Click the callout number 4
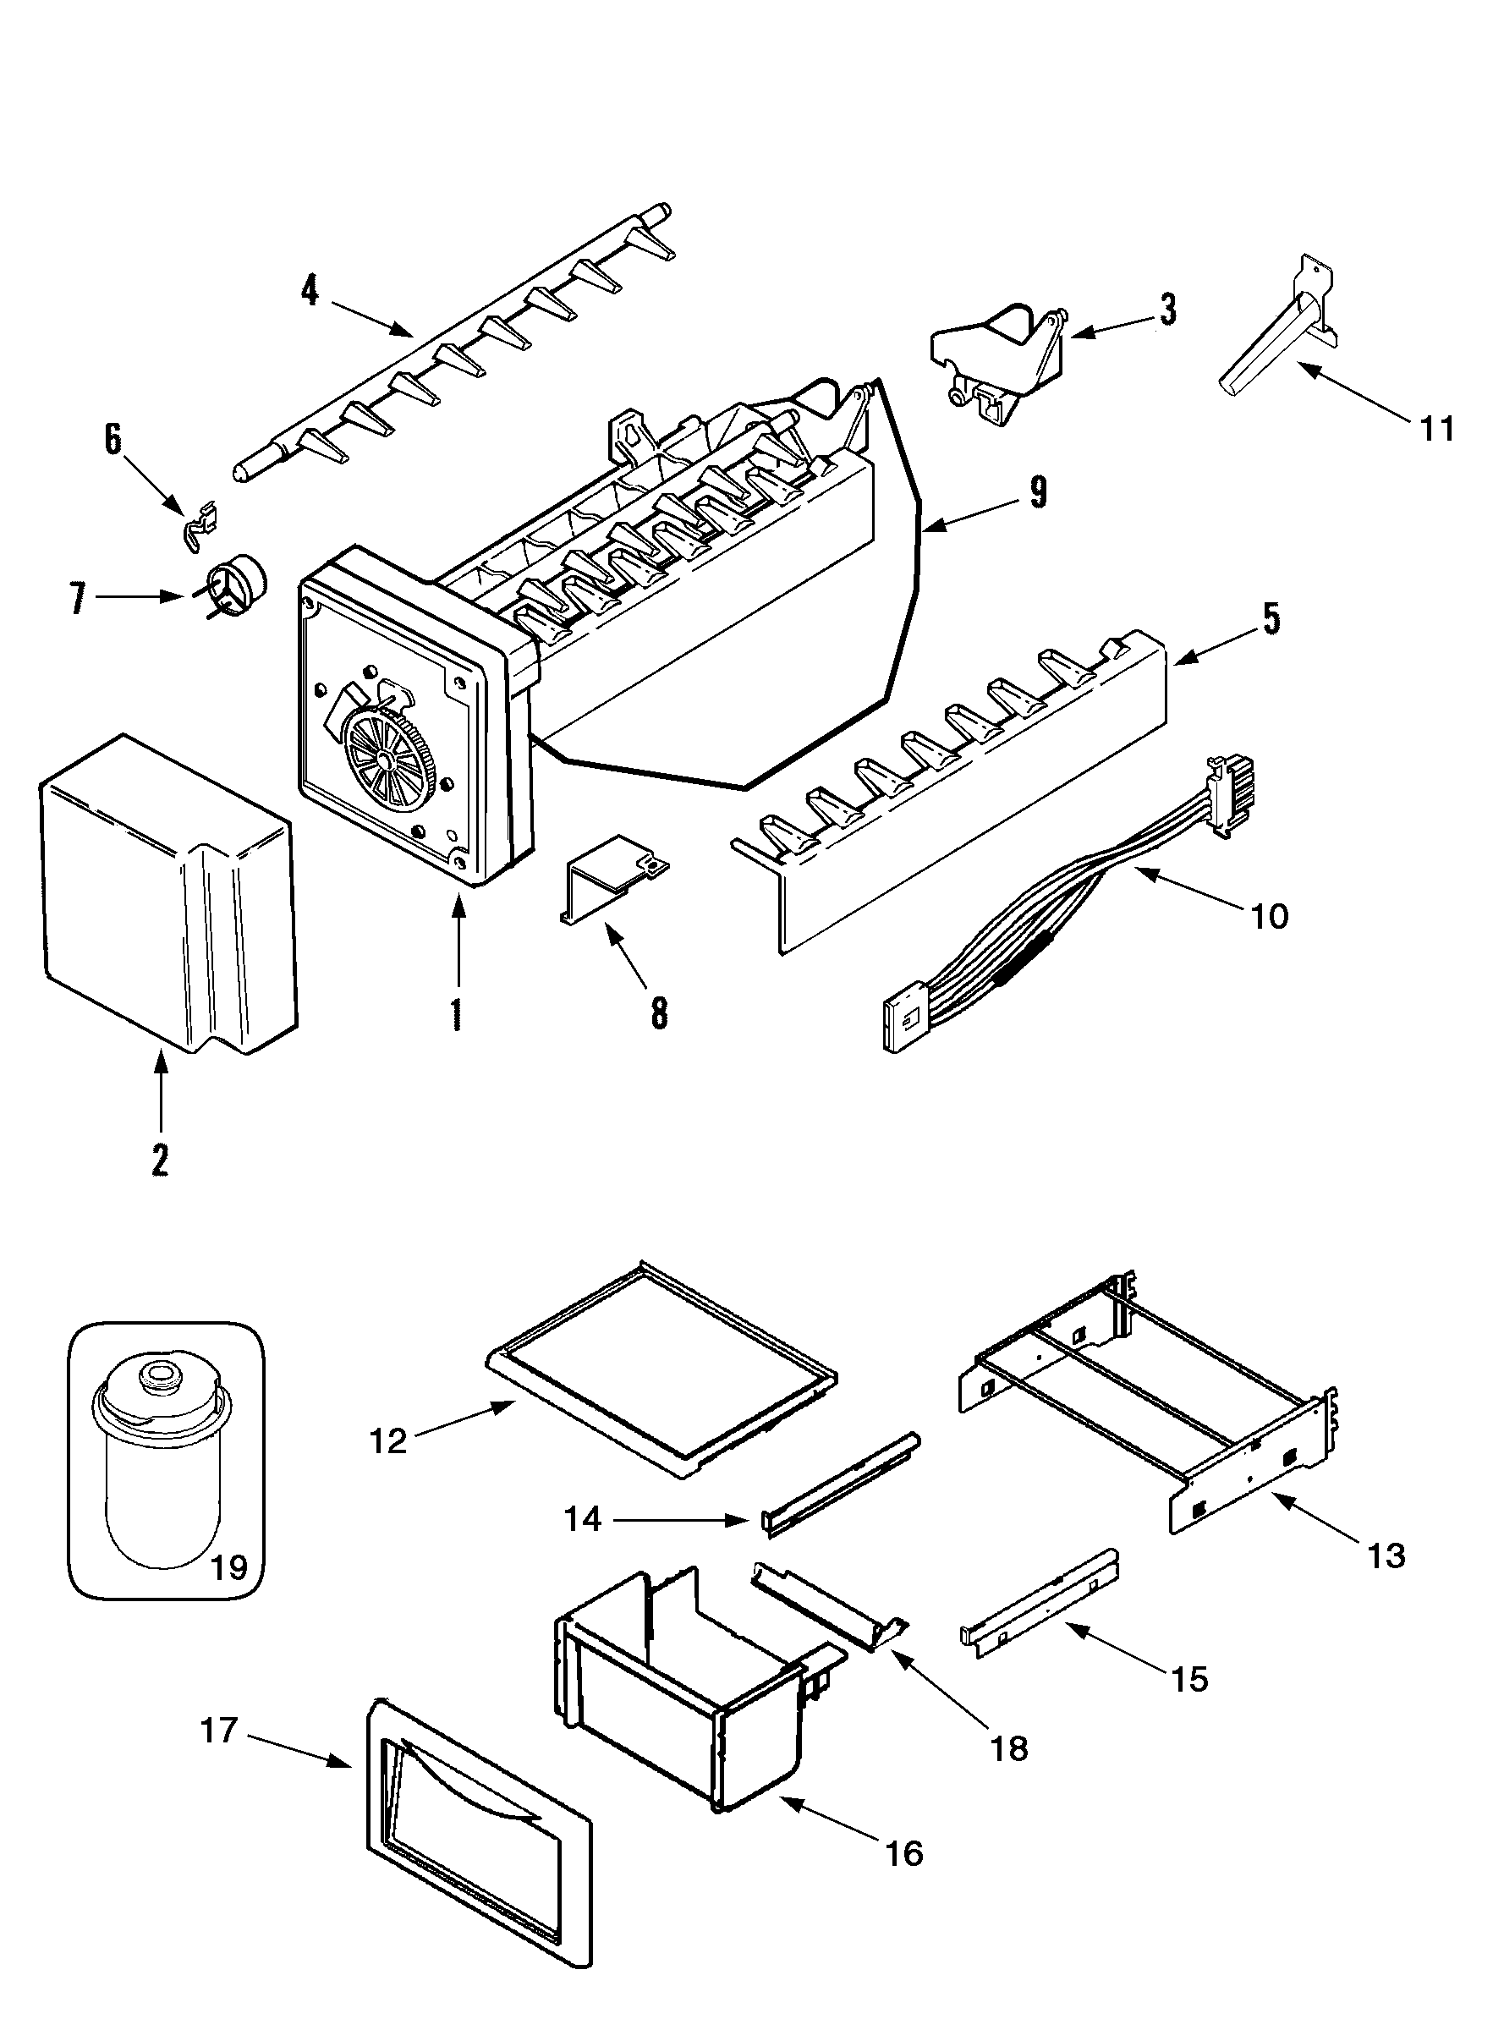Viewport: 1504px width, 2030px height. click(310, 290)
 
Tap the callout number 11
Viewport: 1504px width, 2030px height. click(1436, 428)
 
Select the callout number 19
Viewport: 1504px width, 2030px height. click(228, 1567)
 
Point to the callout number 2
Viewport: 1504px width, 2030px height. click(160, 1159)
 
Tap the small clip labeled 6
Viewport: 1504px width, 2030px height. click(201, 526)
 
